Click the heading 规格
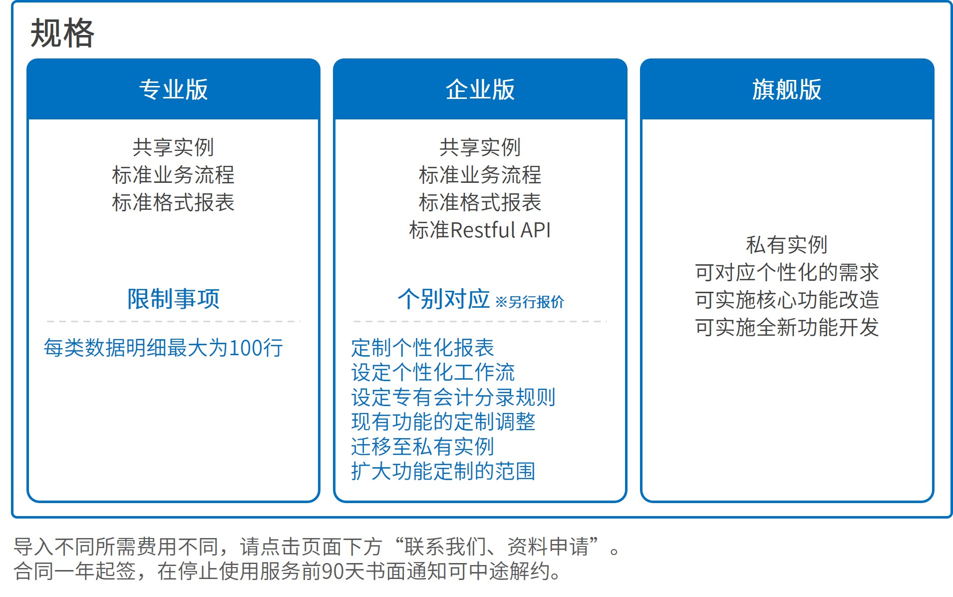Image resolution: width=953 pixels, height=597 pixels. (x=62, y=33)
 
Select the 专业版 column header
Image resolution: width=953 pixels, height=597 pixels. (x=173, y=89)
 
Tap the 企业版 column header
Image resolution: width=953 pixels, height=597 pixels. (x=480, y=89)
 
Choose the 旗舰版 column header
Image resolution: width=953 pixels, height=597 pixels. (x=787, y=89)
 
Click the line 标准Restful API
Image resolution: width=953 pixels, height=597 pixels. (x=480, y=230)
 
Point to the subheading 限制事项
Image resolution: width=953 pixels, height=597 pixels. (x=173, y=299)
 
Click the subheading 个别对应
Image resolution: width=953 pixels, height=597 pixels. (x=443, y=299)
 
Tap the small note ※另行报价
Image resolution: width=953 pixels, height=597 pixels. (x=530, y=302)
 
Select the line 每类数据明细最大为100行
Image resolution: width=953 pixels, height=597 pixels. (x=163, y=348)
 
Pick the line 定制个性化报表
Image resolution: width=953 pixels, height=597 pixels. (x=422, y=348)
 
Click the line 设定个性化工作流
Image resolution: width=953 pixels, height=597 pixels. (x=433, y=372)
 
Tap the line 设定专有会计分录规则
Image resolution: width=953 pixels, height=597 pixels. (x=453, y=397)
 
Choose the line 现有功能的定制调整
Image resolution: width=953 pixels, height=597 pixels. (x=443, y=422)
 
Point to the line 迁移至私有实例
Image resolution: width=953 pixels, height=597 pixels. (x=422, y=446)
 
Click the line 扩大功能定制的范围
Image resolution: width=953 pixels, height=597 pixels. (x=443, y=471)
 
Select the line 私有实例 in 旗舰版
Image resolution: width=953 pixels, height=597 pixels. (x=787, y=245)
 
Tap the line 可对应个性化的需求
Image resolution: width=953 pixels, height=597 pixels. (x=787, y=272)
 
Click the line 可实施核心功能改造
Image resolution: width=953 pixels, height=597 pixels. (x=787, y=300)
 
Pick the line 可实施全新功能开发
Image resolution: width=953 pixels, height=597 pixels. (x=787, y=327)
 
